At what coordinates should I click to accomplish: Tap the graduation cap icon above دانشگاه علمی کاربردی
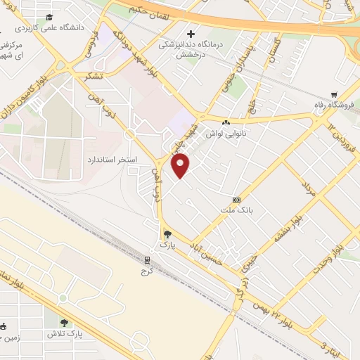tap(49, 17)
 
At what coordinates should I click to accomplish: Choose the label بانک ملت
tap(241, 210)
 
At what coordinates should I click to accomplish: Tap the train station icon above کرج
tap(147, 257)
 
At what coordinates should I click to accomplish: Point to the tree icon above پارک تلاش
tap(63, 321)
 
